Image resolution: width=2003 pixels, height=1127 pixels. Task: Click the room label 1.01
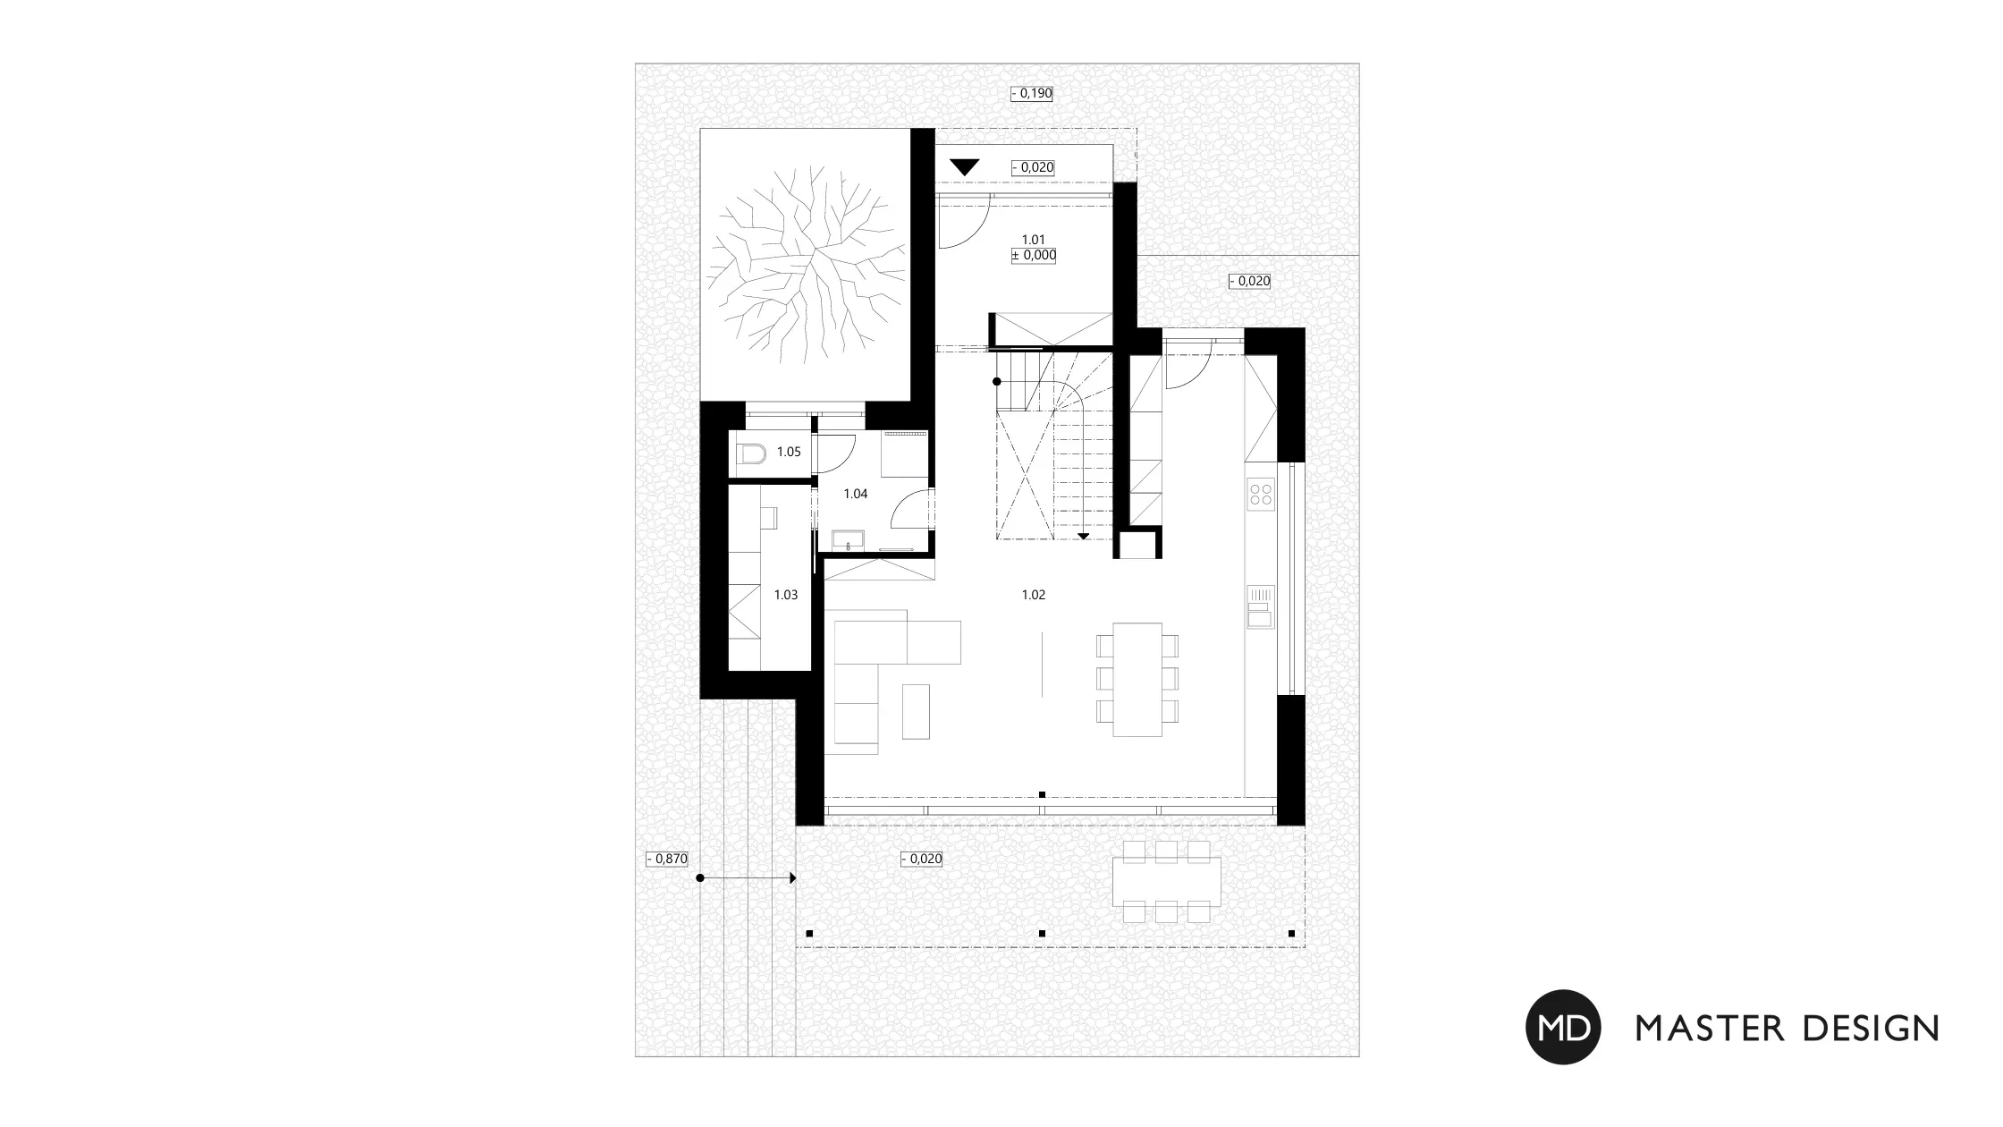1033,240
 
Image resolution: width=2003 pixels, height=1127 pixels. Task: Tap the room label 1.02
1033,595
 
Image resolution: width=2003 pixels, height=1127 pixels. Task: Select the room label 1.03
786,595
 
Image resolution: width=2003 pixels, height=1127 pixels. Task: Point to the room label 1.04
856,494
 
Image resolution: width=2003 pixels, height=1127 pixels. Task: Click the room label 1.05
789,452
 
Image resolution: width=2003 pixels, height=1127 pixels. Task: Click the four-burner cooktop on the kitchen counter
1261,495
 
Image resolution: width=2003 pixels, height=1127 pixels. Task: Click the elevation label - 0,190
1032,93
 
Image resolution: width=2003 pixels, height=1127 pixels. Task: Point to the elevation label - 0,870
667,859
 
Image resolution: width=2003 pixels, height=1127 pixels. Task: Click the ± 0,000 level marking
1034,256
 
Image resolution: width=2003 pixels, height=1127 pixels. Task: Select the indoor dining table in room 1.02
1137,680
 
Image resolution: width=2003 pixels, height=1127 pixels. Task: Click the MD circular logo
1563,1027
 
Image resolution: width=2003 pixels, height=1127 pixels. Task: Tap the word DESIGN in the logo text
1870,1028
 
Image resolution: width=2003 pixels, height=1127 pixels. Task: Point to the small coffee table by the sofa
916,711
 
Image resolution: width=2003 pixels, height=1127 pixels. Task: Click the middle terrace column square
1042,934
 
